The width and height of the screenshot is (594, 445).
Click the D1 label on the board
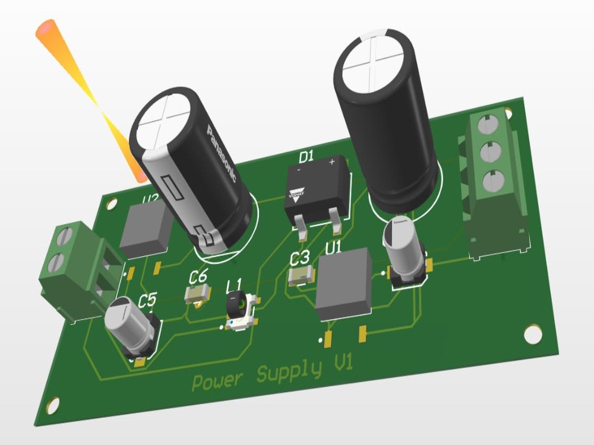305,157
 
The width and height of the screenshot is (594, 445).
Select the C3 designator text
299,258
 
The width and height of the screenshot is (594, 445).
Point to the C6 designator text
198,276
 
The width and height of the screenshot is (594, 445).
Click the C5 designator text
147,301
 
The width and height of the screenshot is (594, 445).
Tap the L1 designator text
235,286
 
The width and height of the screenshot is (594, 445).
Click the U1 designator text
333,246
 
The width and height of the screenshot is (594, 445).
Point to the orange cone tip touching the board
140,176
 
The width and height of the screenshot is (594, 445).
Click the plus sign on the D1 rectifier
332,161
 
